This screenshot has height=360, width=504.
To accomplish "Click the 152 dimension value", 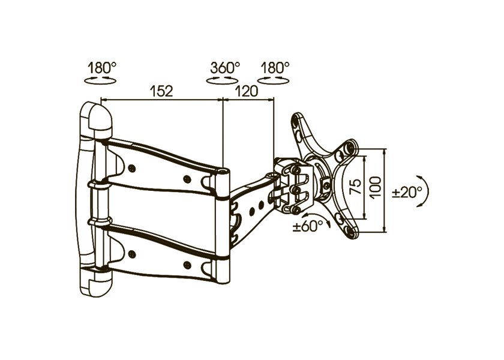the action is (x=162, y=91).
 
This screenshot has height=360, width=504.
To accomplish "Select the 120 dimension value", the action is (x=247, y=91).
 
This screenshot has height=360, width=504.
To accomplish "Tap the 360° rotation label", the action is (x=225, y=68).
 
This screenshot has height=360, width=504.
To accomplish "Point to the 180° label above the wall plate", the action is (x=102, y=68).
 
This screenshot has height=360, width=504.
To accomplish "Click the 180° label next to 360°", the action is (x=275, y=68).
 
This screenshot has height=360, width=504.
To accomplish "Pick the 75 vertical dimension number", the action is (x=355, y=187).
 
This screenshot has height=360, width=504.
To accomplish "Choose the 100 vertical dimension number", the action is (x=376, y=187).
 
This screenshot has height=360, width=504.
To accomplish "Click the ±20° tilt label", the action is (x=407, y=193).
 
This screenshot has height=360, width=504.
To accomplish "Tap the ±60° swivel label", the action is (x=308, y=226).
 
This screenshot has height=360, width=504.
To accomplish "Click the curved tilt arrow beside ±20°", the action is (x=427, y=191).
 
